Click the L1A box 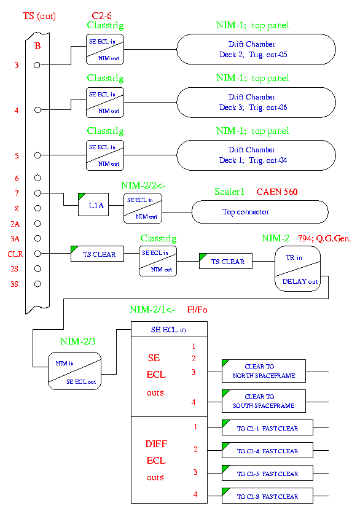93,205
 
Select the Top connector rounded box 260,212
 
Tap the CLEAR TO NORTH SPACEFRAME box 264,371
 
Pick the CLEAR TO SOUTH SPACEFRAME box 264,401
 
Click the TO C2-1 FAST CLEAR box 267,427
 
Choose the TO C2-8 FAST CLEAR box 267,496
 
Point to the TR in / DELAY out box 298,268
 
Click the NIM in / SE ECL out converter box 75,371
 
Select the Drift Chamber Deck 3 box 256,103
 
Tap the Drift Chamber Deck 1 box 256,155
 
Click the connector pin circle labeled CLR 37,254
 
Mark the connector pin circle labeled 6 37,178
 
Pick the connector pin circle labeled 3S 37,284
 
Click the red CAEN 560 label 277,192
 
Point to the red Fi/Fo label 197,310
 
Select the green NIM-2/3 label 78,341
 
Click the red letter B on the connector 37,46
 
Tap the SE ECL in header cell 169,329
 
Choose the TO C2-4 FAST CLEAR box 267,450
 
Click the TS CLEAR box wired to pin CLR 97,254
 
